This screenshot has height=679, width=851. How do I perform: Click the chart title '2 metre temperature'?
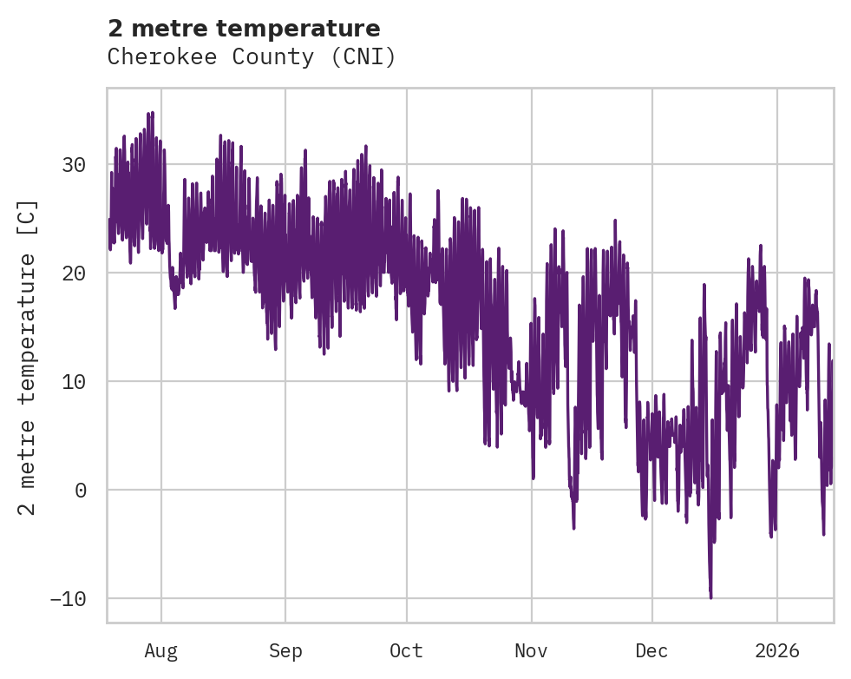click(x=244, y=29)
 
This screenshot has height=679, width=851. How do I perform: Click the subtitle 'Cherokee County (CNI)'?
click(x=252, y=57)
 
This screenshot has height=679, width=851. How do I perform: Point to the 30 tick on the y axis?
click(x=77, y=165)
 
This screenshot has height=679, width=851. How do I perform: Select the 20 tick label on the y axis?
click(x=77, y=274)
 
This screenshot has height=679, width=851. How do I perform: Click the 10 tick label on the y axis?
click(x=77, y=382)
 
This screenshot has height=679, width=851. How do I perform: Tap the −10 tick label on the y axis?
click(x=72, y=599)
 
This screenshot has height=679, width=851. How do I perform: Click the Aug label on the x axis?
click(x=161, y=650)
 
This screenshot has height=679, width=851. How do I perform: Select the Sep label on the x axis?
click(x=285, y=650)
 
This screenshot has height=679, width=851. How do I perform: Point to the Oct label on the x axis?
click(x=406, y=650)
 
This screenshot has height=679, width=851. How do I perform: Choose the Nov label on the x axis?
click(x=531, y=650)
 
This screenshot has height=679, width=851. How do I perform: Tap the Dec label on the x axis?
click(x=651, y=650)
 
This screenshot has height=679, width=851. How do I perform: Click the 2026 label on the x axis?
click(x=777, y=650)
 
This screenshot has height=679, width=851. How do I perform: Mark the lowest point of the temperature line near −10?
click(x=710, y=597)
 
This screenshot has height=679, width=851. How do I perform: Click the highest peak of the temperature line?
click(x=153, y=112)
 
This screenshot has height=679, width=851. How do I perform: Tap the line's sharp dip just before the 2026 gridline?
click(x=770, y=536)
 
